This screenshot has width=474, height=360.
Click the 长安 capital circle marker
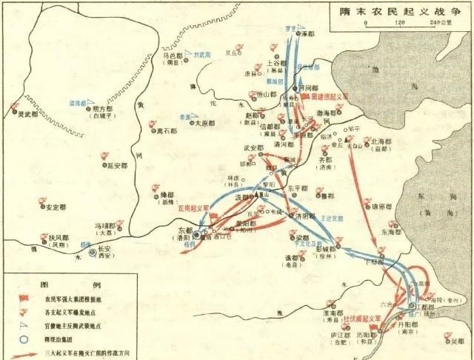click(x=92, y=253)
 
